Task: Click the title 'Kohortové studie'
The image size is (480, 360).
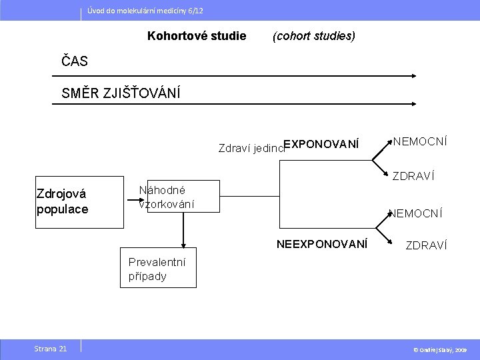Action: (x=197, y=36)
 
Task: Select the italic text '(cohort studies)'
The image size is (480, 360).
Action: (x=314, y=36)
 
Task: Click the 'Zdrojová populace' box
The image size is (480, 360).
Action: (x=63, y=201)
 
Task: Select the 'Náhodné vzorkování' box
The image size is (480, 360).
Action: (x=167, y=197)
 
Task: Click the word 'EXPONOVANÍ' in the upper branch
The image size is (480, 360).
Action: (x=321, y=144)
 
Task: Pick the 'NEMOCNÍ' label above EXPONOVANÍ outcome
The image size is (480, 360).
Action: (x=420, y=141)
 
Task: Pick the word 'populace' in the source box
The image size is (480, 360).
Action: (x=62, y=209)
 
